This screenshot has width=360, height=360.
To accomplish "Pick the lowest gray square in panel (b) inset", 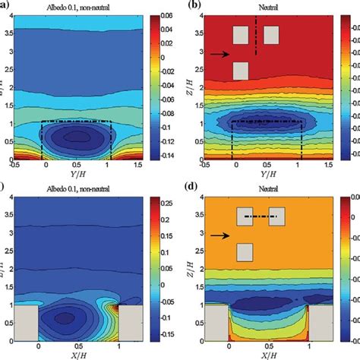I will pos(241,71).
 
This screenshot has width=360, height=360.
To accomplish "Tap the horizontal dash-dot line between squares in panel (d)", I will pos(258,217).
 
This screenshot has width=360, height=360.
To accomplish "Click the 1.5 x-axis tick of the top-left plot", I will pos(145,166).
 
